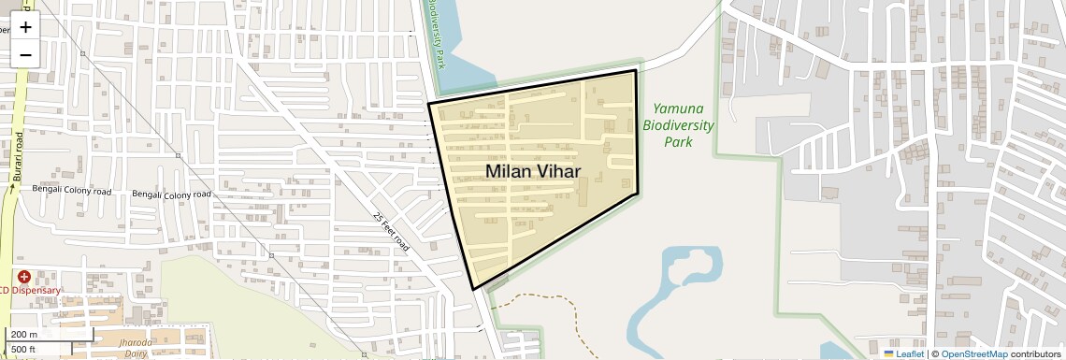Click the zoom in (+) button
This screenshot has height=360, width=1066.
(x=25, y=26)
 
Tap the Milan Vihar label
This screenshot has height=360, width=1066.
(x=533, y=172)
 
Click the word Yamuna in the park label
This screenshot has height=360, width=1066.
(x=678, y=108)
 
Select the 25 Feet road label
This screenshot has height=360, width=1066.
(x=391, y=230)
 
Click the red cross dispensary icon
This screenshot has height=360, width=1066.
(x=23, y=277)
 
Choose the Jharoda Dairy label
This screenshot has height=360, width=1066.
(x=137, y=349)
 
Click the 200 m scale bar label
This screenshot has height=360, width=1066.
(x=24, y=335)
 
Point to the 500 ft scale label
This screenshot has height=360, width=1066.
(x=24, y=350)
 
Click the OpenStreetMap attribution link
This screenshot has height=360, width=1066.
(x=973, y=354)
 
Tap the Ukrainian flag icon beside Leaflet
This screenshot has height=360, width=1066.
(x=888, y=354)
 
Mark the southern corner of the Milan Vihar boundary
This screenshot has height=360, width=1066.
(x=474, y=290)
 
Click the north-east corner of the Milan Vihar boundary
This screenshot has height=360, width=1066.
(x=636, y=70)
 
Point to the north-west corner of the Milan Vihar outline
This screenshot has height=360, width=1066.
(x=429, y=103)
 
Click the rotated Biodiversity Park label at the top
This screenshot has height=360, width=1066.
(x=435, y=28)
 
